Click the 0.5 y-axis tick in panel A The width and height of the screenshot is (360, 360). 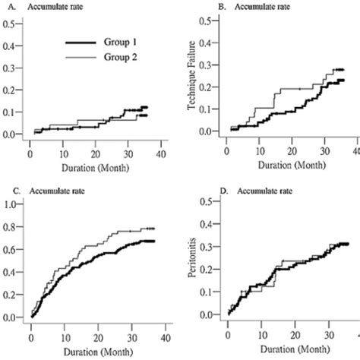tap(10, 24)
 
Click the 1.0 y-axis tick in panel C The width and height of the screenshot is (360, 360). tap(10, 204)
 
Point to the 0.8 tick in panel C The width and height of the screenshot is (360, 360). tap(10, 226)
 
